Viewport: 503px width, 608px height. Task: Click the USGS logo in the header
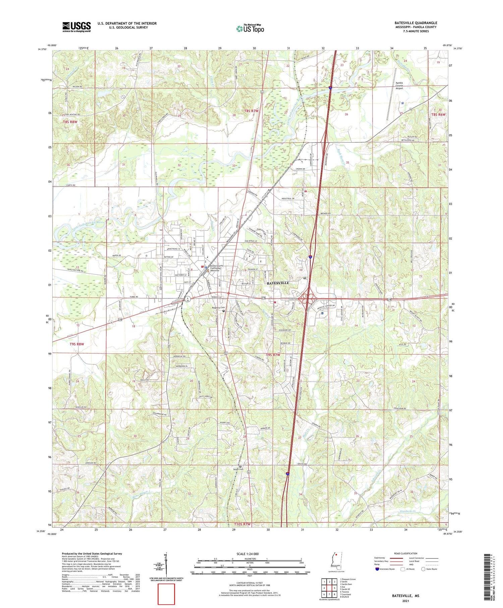click(x=76, y=27)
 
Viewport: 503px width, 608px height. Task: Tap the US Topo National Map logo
click(x=250, y=29)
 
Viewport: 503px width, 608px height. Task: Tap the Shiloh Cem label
click(x=238, y=469)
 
